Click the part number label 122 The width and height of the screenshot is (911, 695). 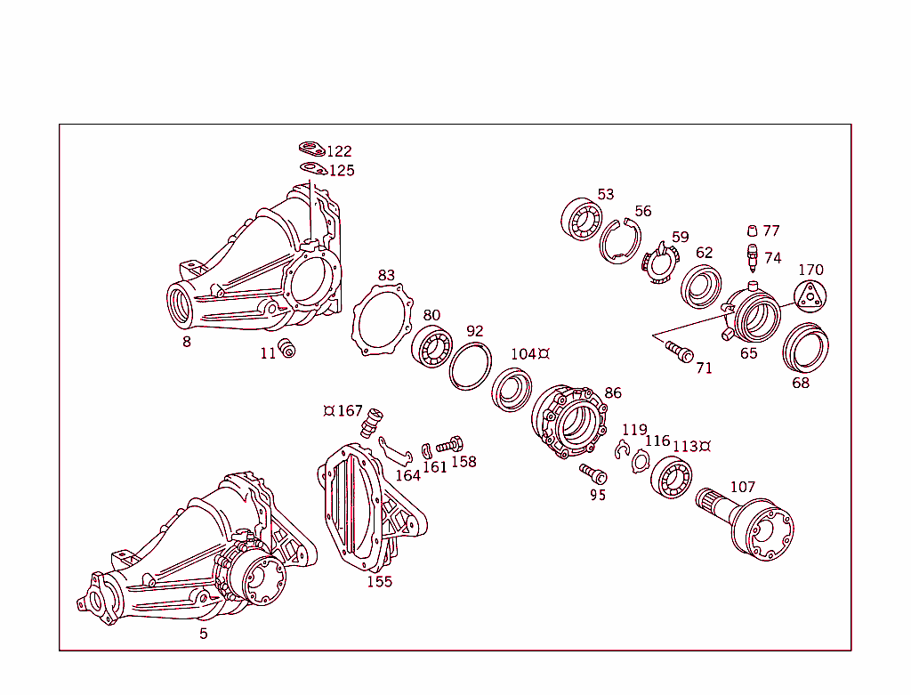pos(339,151)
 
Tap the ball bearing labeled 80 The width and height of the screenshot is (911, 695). pos(432,345)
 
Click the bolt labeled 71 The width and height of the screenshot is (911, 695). pos(678,352)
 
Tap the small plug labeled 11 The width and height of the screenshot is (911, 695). pos(287,348)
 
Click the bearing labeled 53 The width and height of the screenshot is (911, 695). pos(582,219)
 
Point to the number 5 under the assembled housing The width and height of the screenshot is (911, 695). pos(203,634)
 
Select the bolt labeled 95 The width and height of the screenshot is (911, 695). pos(592,473)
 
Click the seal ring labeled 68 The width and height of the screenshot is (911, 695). pos(805,349)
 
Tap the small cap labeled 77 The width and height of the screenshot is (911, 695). pos(752,230)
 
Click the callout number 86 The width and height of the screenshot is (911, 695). pos(613,392)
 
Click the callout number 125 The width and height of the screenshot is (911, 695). pos(342,170)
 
